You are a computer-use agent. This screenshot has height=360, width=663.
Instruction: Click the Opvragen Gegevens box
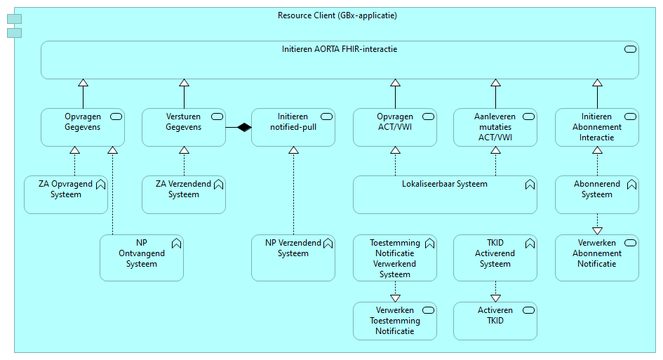tap(83, 127)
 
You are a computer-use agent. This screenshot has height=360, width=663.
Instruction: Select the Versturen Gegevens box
tap(184, 127)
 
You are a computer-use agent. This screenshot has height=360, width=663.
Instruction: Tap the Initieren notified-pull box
tap(293, 127)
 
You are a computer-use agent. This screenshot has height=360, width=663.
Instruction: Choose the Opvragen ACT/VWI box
tap(395, 127)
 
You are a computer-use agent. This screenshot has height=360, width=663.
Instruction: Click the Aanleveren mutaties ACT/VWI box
tap(495, 127)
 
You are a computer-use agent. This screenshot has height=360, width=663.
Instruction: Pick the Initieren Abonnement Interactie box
tap(597, 127)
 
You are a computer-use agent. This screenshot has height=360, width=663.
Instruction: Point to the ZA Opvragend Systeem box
tap(66, 194)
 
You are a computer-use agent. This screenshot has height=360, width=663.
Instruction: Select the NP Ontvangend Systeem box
tap(142, 258)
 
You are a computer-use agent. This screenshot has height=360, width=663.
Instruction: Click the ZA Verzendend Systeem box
tap(184, 194)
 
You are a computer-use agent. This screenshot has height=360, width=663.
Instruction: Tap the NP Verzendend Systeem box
tap(293, 258)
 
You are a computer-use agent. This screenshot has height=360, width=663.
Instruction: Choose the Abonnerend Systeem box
tap(597, 194)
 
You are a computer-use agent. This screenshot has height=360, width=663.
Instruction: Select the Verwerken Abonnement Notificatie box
tap(597, 258)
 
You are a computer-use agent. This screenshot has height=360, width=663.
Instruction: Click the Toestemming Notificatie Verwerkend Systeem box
tap(395, 258)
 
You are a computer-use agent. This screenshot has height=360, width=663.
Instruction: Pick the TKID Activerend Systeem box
tap(495, 258)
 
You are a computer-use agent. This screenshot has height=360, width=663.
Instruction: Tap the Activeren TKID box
tap(495, 321)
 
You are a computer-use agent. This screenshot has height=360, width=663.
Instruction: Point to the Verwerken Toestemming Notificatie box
tap(395, 321)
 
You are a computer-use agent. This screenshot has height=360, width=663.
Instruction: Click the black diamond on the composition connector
tap(243, 127)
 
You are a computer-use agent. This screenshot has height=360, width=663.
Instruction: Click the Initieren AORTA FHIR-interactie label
tap(340, 49)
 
